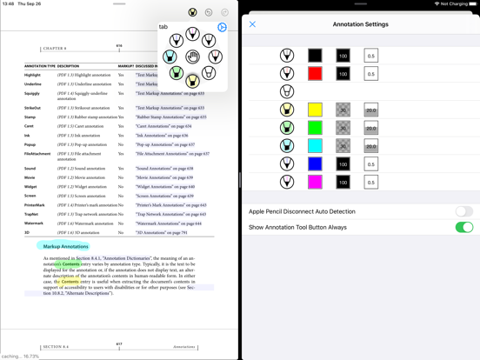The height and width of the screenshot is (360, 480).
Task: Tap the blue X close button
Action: [x=253, y=24]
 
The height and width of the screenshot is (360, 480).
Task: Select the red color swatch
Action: [x=315, y=74]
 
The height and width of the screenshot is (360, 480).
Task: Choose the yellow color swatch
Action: [x=315, y=110]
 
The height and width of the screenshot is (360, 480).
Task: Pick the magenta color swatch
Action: [x=315, y=182]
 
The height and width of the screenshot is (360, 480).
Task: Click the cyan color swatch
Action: [x=315, y=146]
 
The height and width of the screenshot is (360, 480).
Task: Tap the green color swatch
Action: [x=315, y=128]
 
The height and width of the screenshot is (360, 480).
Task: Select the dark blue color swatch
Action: [x=315, y=164]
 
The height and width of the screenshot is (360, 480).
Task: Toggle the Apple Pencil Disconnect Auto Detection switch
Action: [x=463, y=211]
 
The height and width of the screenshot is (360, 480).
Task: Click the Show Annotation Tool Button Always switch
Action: [x=463, y=227]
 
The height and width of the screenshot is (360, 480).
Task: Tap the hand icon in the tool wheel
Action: [x=193, y=57]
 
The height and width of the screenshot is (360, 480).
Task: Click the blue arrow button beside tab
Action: [x=222, y=27]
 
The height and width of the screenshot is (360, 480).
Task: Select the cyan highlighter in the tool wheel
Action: [x=170, y=57]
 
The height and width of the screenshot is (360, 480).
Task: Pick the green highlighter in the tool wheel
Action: [x=177, y=74]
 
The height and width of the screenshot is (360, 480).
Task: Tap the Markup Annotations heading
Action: [x=66, y=246]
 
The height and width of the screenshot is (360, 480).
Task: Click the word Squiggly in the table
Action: [x=32, y=94]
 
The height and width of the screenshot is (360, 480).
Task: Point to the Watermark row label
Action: [x=34, y=223]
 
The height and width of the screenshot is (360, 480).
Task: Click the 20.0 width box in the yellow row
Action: [x=370, y=110]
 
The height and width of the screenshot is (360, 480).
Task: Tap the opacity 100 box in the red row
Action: [x=343, y=74]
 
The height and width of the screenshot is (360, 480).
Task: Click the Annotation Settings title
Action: [x=361, y=24]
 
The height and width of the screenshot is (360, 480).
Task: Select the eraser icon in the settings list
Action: [x=287, y=91]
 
